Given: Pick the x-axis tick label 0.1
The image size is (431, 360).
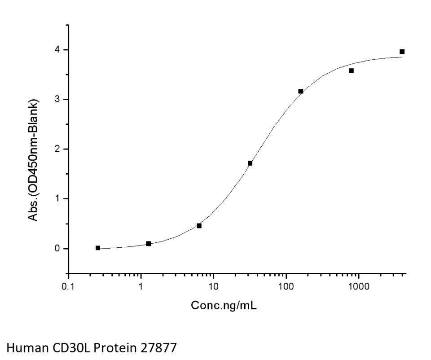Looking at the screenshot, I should click(x=68, y=286).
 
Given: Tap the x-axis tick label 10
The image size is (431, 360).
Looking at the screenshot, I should click(x=213, y=286).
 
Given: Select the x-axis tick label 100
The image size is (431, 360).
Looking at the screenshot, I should click(x=286, y=286).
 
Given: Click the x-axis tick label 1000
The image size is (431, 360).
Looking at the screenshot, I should click(x=358, y=286).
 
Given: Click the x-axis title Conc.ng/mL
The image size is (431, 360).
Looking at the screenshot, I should click(x=224, y=306).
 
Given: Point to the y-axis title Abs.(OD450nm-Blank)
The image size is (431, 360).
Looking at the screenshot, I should click(x=33, y=160).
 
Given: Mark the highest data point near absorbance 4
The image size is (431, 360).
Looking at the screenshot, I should click(x=402, y=52).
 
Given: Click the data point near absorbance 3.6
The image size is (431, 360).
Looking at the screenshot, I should click(x=352, y=70).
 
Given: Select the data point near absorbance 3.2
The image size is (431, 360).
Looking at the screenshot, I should click(x=301, y=92).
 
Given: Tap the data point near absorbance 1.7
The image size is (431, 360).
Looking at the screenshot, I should click(x=250, y=163).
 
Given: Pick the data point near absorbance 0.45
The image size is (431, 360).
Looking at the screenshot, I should click(x=199, y=226).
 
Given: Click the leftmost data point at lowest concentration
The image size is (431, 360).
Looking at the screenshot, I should click(x=98, y=248).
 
